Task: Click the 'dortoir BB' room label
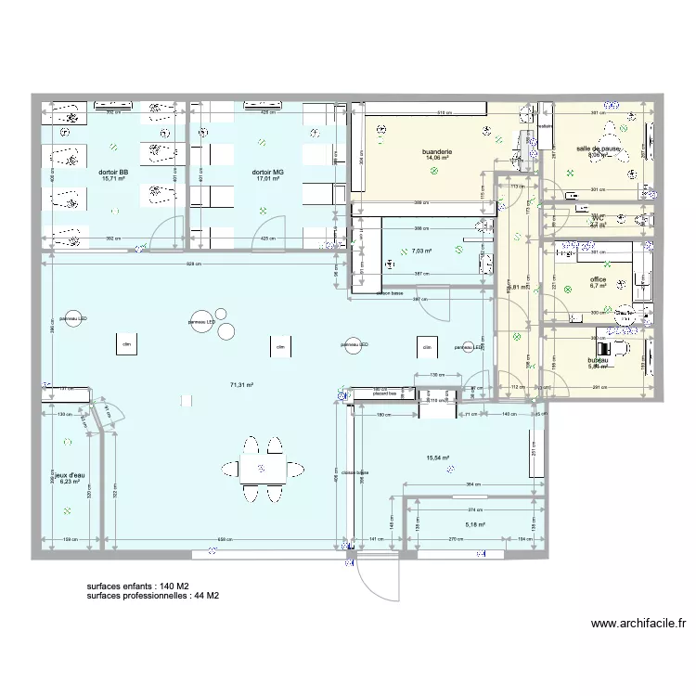tap(112, 172)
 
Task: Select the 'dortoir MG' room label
tap(266, 172)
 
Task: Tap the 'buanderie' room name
tap(436, 151)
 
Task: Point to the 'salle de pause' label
tap(598, 148)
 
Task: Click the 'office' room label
tap(597, 278)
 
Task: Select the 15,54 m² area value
tap(437, 458)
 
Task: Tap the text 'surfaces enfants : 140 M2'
tap(137, 587)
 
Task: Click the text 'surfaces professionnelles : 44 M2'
tap(152, 597)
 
